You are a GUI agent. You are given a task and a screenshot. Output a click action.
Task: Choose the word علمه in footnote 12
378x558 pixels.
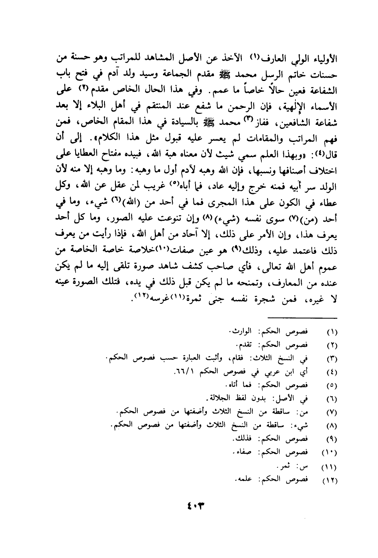point(243,480)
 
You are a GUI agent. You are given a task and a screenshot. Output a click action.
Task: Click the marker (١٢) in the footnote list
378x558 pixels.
point(330,481)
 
